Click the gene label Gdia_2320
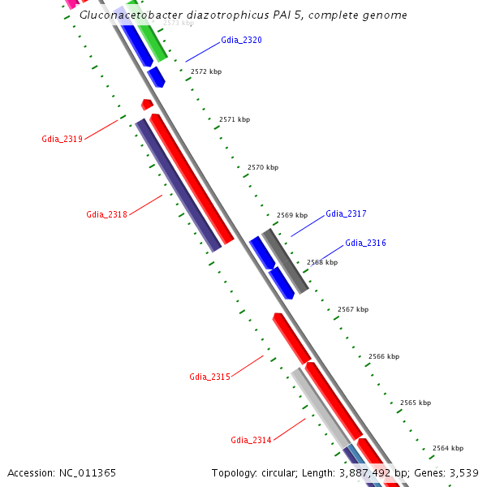[241, 41]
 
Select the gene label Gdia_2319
[62, 140]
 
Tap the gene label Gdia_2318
[106, 215]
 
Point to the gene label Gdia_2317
[346, 214]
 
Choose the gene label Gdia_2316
[365, 243]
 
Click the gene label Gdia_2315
[209, 377]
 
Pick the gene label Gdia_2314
[251, 441]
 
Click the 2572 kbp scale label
[206, 72]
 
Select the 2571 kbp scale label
[235, 120]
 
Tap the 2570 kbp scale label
[263, 168]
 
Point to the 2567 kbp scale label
[353, 310]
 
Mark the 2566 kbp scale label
[384, 357]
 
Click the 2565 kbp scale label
[416, 403]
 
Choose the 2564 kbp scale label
[448, 449]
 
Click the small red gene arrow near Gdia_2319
[147, 105]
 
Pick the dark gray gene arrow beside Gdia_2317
[285, 261]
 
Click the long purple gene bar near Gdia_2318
[178, 184]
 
